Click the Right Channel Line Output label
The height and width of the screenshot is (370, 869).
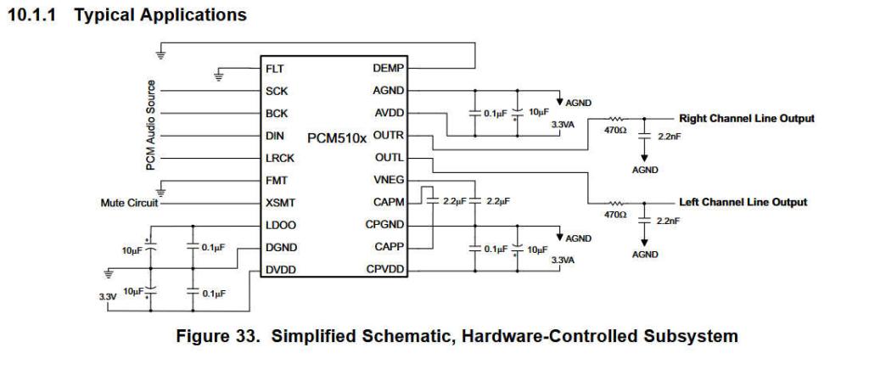tap(747, 118)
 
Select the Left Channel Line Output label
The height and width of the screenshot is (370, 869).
tap(743, 202)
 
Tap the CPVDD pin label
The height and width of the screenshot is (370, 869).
tap(386, 271)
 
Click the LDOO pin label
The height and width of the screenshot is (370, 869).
tap(278, 226)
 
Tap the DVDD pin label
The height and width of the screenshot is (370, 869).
tap(278, 271)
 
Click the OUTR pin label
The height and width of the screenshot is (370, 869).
tap(388, 136)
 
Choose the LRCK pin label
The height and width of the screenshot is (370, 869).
tap(278, 159)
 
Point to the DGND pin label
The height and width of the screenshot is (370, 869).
tap(278, 249)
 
